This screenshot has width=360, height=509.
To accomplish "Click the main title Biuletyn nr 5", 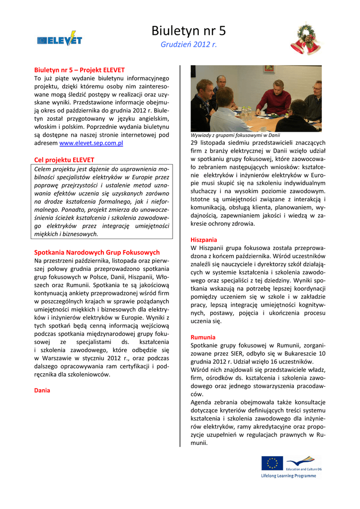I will [188, 31].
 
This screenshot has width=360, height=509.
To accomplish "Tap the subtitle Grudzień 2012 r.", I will [188, 45].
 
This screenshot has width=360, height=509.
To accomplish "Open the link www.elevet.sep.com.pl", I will [91, 143].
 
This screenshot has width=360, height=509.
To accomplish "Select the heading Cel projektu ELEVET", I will [64, 160].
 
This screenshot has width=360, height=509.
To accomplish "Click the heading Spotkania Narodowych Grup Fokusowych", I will [97, 253].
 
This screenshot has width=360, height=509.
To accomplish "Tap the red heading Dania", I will [42, 390].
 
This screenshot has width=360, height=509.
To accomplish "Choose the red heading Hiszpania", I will [204, 240].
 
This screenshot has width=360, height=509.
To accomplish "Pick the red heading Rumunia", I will [203, 337].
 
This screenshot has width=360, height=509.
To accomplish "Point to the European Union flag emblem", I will [272, 463].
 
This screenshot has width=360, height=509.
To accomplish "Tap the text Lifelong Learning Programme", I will [288, 476].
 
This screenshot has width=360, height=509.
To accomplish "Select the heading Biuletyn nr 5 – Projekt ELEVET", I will [79, 70].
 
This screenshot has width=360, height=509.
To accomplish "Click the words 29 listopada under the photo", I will [208, 143].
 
